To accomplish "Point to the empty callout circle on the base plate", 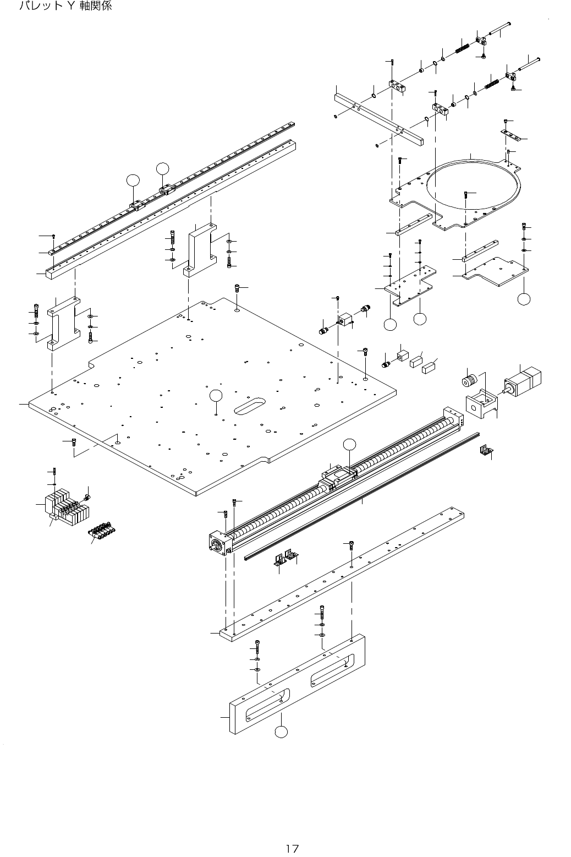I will tap(216, 395).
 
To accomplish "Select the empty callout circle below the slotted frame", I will tap(281, 732).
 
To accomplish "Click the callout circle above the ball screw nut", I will tap(349, 444).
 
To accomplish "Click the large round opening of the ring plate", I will tap(473, 187).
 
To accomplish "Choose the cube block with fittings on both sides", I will tap(345, 320).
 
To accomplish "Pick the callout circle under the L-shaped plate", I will tap(524, 299).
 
